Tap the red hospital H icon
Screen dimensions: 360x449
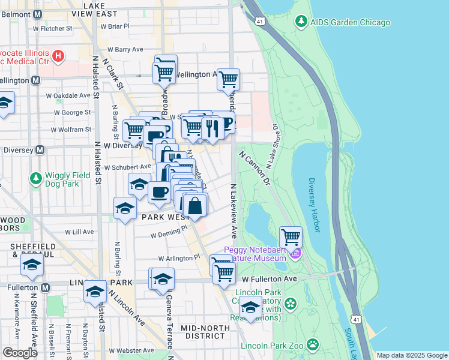(x=58, y=56)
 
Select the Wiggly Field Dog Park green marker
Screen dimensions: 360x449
(x=36, y=178)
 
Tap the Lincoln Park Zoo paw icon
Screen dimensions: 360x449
(x=312, y=345)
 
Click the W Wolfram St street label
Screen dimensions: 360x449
(x=70, y=130)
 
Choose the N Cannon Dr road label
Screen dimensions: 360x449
(x=256, y=167)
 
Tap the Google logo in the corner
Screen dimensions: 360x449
(x=20, y=352)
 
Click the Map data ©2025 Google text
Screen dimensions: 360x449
(x=412, y=355)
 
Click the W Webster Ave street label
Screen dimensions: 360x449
(x=132, y=350)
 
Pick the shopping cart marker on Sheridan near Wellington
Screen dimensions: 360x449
(x=228, y=79)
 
